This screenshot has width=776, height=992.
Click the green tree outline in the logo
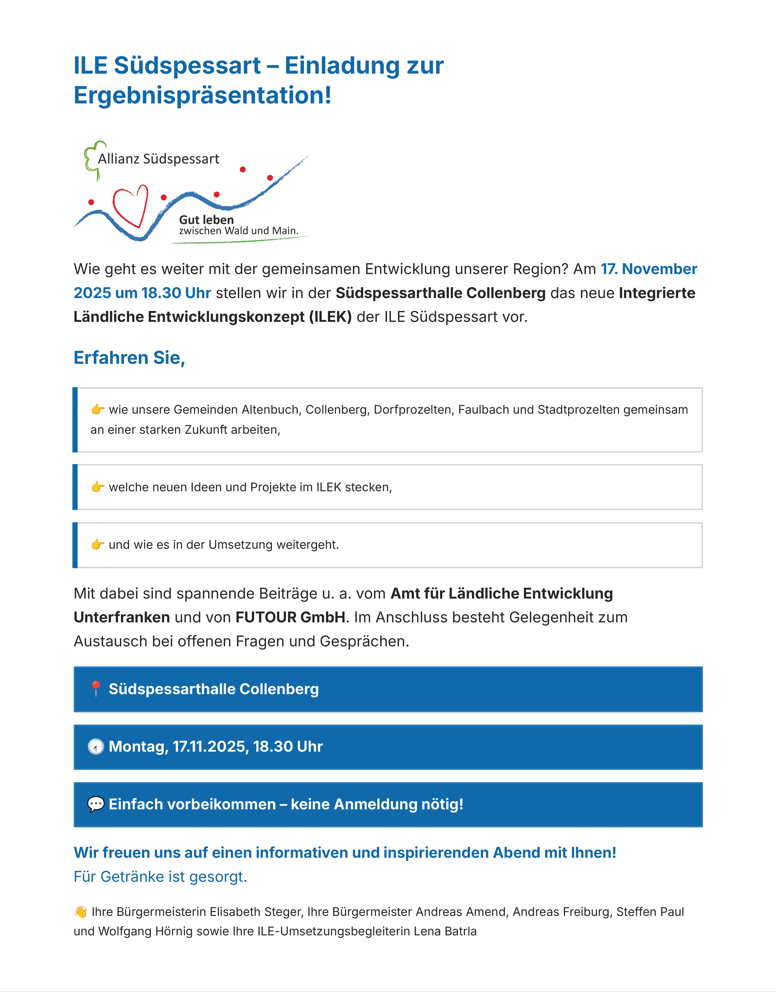pos(93,159)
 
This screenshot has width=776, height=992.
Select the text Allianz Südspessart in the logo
pos(159,159)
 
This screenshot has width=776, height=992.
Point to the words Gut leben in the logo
pos(206,220)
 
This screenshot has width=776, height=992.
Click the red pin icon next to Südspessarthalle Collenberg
pos(95,689)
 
